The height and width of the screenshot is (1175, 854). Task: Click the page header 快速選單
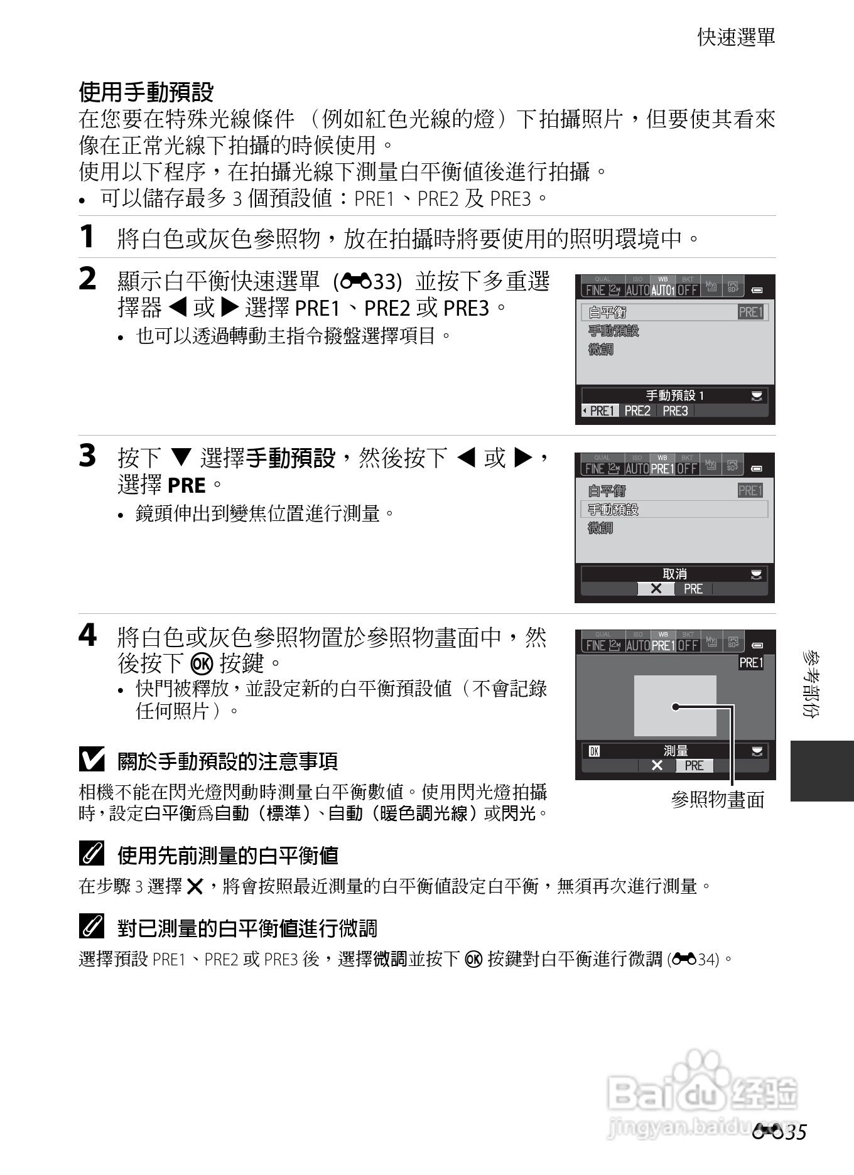click(x=736, y=37)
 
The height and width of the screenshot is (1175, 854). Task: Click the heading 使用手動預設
click(x=146, y=92)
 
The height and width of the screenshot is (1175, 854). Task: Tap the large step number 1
click(x=87, y=237)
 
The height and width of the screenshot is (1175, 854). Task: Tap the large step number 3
click(x=87, y=456)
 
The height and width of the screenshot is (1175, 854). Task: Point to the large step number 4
click(x=87, y=635)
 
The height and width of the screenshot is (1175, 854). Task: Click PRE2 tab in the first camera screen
click(x=637, y=411)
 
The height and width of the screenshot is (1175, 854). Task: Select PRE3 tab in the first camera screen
click(x=675, y=411)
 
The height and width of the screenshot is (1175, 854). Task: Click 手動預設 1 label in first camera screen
click(x=675, y=395)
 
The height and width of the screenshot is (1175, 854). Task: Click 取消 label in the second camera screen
click(x=674, y=574)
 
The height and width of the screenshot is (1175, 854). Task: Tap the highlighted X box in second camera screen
click(x=656, y=589)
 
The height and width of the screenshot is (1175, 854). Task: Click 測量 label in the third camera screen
click(x=676, y=751)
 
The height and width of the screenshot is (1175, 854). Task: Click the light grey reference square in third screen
click(x=674, y=706)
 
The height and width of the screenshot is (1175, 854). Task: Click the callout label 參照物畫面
click(x=717, y=800)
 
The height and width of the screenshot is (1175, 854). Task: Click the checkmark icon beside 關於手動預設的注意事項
click(x=92, y=760)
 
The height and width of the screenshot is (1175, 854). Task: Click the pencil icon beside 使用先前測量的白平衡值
click(x=92, y=854)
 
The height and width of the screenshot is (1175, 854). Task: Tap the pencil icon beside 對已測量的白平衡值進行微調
click(x=92, y=926)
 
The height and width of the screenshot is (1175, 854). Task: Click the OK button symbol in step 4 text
click(x=202, y=663)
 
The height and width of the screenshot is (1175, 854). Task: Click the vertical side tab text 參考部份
click(x=811, y=684)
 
